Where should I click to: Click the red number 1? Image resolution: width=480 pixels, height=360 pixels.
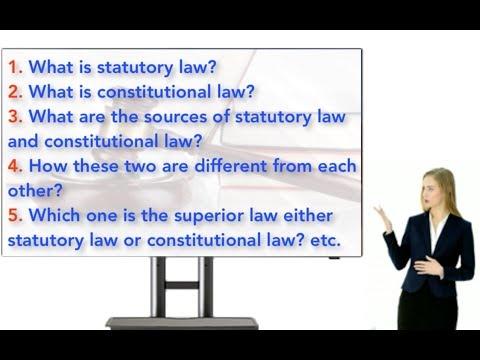14,69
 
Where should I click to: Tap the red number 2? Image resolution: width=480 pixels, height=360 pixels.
14,93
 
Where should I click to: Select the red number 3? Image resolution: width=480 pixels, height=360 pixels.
14,117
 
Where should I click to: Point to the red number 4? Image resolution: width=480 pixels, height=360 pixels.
14,165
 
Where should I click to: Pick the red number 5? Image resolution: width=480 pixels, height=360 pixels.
14,213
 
